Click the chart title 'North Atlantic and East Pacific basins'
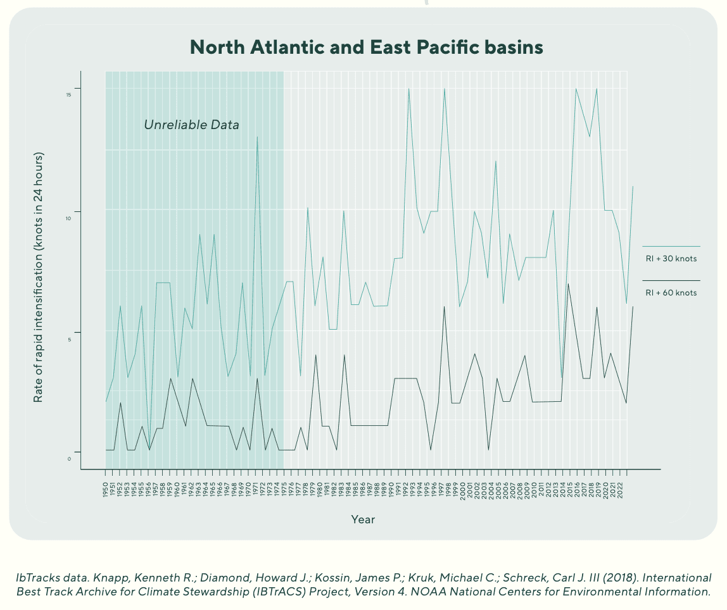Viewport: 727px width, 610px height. pyautogui.click(x=367, y=47)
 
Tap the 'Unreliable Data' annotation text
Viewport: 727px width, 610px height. pyautogui.click(x=191, y=125)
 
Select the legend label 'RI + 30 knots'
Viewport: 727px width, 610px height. pyautogui.click(x=671, y=258)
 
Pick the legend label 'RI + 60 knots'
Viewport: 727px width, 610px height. pyautogui.click(x=671, y=293)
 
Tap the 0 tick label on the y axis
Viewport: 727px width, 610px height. pyautogui.click(x=69, y=458)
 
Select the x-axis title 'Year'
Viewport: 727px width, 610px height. pyautogui.click(x=363, y=520)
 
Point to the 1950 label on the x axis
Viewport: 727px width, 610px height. pyautogui.click(x=106, y=489)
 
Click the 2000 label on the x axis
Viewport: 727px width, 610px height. pyautogui.click(x=463, y=489)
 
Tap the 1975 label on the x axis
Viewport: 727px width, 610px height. pyautogui.click(x=284, y=489)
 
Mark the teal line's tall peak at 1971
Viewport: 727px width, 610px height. pyautogui.click(x=257, y=137)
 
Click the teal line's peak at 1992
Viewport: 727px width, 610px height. pyautogui.click(x=408, y=89)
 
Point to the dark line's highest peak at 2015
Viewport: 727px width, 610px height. pyautogui.click(x=568, y=283)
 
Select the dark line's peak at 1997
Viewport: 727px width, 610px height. pyautogui.click(x=445, y=307)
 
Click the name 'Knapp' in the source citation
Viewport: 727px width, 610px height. pyautogui.click(x=115, y=578)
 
